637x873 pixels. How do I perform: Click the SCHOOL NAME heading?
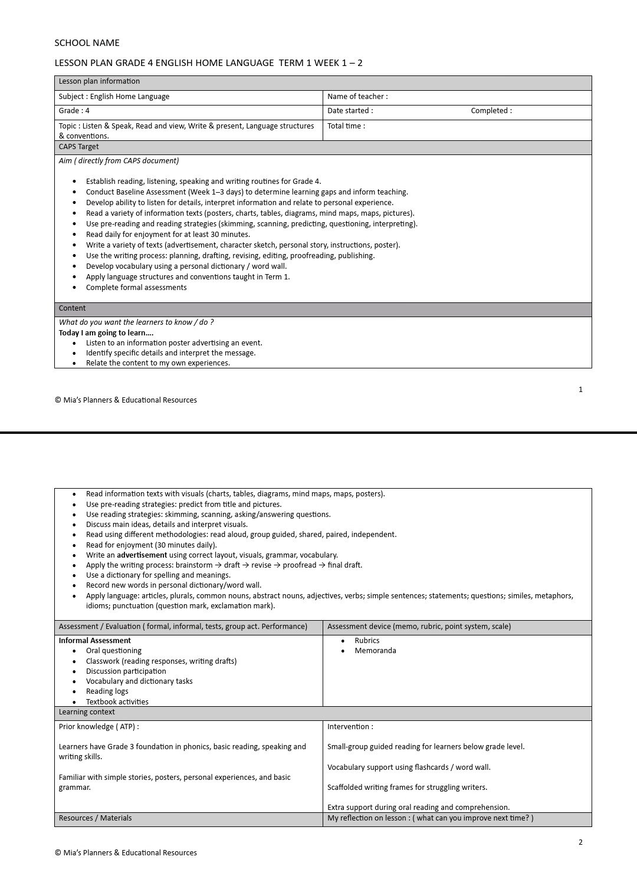(x=87, y=42)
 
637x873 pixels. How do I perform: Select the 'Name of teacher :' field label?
(x=357, y=97)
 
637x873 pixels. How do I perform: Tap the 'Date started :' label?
(x=350, y=111)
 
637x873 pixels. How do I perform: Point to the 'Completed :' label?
(x=491, y=111)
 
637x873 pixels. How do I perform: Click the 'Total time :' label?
(x=346, y=126)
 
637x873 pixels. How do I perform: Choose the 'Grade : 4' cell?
(x=74, y=111)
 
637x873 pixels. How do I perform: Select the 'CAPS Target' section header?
(x=79, y=147)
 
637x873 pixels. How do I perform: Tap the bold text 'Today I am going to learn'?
(x=106, y=333)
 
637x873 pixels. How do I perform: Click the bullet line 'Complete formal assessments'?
(x=136, y=288)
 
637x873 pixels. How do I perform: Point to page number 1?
(x=580, y=390)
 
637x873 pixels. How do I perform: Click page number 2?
(x=580, y=842)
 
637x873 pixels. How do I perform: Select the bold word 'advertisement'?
(x=142, y=555)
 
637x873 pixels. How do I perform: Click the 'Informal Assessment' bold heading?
(x=95, y=641)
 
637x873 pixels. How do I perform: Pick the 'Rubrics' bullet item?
(x=367, y=641)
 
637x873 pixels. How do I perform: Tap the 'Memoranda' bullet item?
(x=375, y=651)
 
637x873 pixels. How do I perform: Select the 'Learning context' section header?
(x=87, y=712)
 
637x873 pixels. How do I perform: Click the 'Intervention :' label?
(x=350, y=727)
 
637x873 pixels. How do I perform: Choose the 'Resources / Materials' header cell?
(x=95, y=818)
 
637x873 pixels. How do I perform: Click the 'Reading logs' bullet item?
(x=107, y=691)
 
